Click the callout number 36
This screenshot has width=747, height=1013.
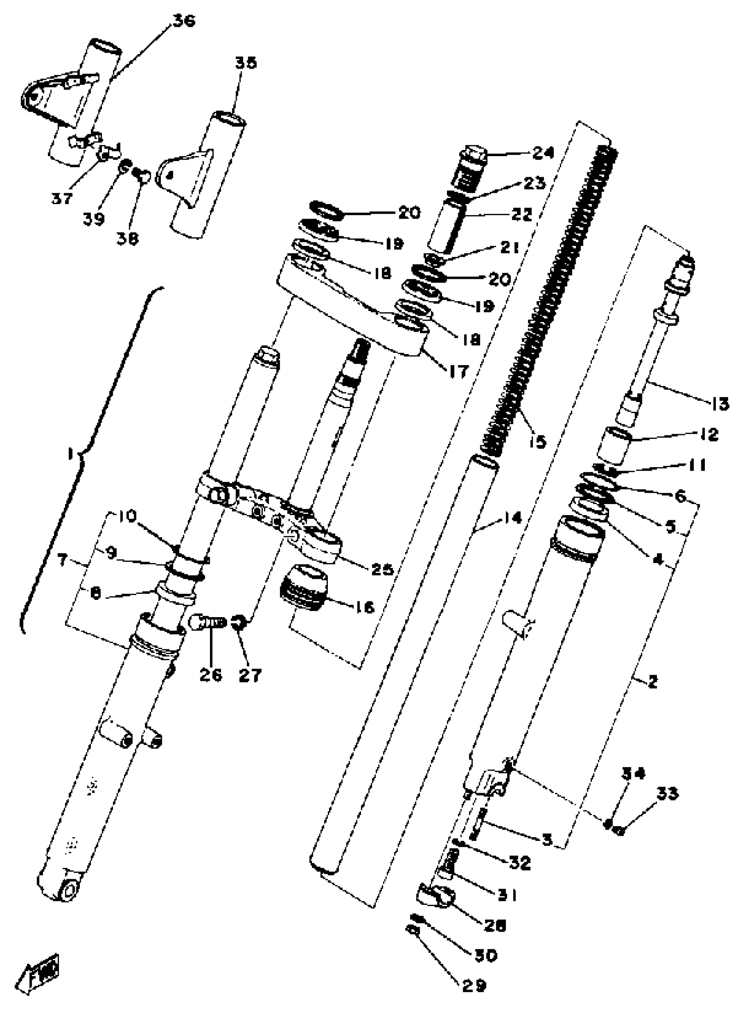[x=184, y=21]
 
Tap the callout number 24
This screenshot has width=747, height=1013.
[x=543, y=153]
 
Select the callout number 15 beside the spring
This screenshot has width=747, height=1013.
[x=537, y=441]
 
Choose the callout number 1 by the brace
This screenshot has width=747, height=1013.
[x=71, y=454]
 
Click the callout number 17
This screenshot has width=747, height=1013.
[x=457, y=372]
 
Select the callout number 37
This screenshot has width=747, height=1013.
[x=62, y=198]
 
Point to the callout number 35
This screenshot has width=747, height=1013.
[x=246, y=62]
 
